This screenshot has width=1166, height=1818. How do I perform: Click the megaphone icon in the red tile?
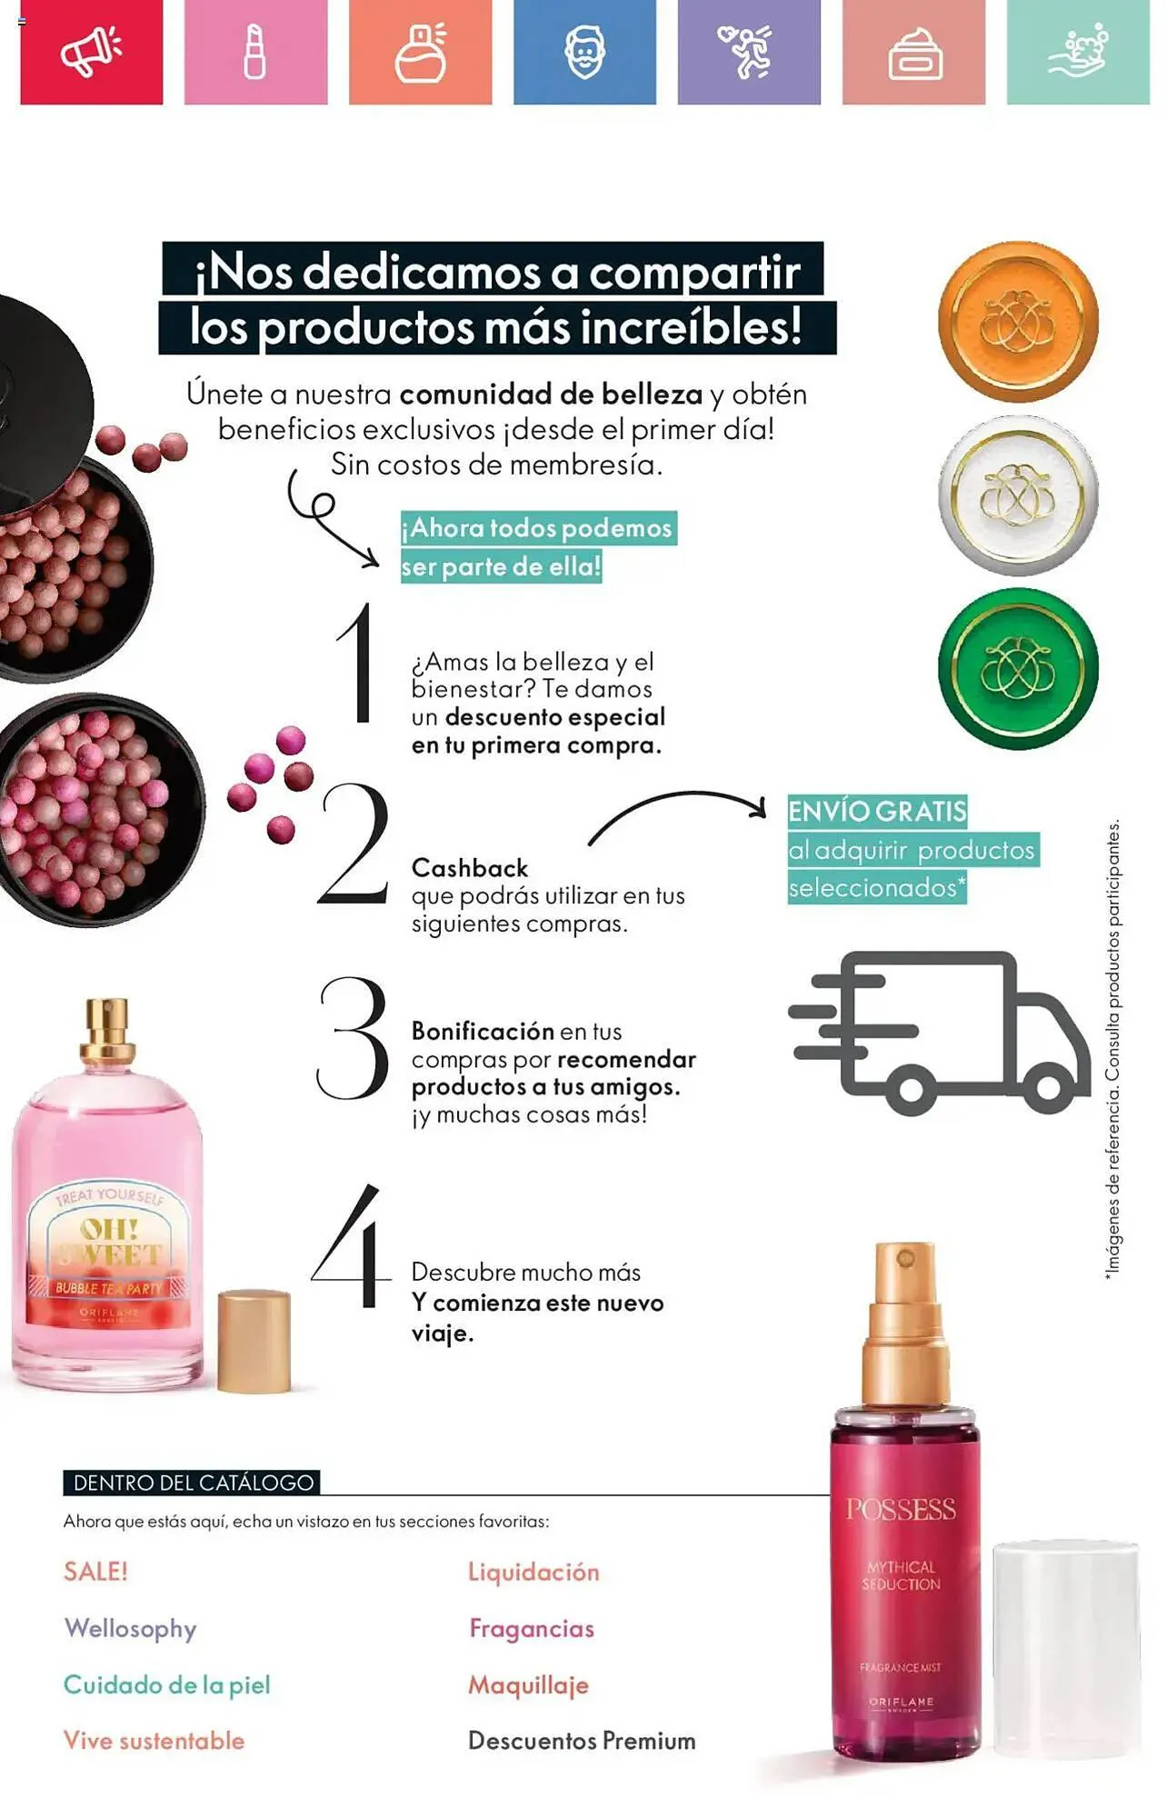tap(91, 51)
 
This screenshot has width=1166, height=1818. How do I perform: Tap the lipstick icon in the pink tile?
tap(255, 52)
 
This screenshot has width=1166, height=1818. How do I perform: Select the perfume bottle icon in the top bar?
tap(421, 52)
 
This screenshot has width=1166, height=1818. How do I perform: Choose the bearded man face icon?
tap(584, 52)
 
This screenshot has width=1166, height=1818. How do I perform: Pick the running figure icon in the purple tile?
tap(747, 51)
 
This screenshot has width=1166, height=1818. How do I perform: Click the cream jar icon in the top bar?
tap(914, 55)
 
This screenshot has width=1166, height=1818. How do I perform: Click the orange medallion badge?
tap(1018, 321)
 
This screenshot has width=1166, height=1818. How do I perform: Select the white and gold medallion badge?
tap(1018, 495)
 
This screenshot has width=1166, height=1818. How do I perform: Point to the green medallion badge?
tap(1018, 669)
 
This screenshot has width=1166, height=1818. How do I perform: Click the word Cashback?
tap(470, 868)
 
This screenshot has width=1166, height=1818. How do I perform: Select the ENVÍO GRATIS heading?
tap(877, 811)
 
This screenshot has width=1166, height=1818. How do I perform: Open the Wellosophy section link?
tap(130, 1628)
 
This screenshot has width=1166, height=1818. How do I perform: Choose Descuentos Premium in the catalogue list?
tap(582, 1741)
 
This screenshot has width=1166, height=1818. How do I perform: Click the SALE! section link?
tap(95, 1572)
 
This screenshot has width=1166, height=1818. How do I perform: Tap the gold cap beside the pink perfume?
tap(254, 1341)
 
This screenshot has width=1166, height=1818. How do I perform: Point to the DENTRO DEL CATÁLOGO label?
tap(193, 1483)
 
